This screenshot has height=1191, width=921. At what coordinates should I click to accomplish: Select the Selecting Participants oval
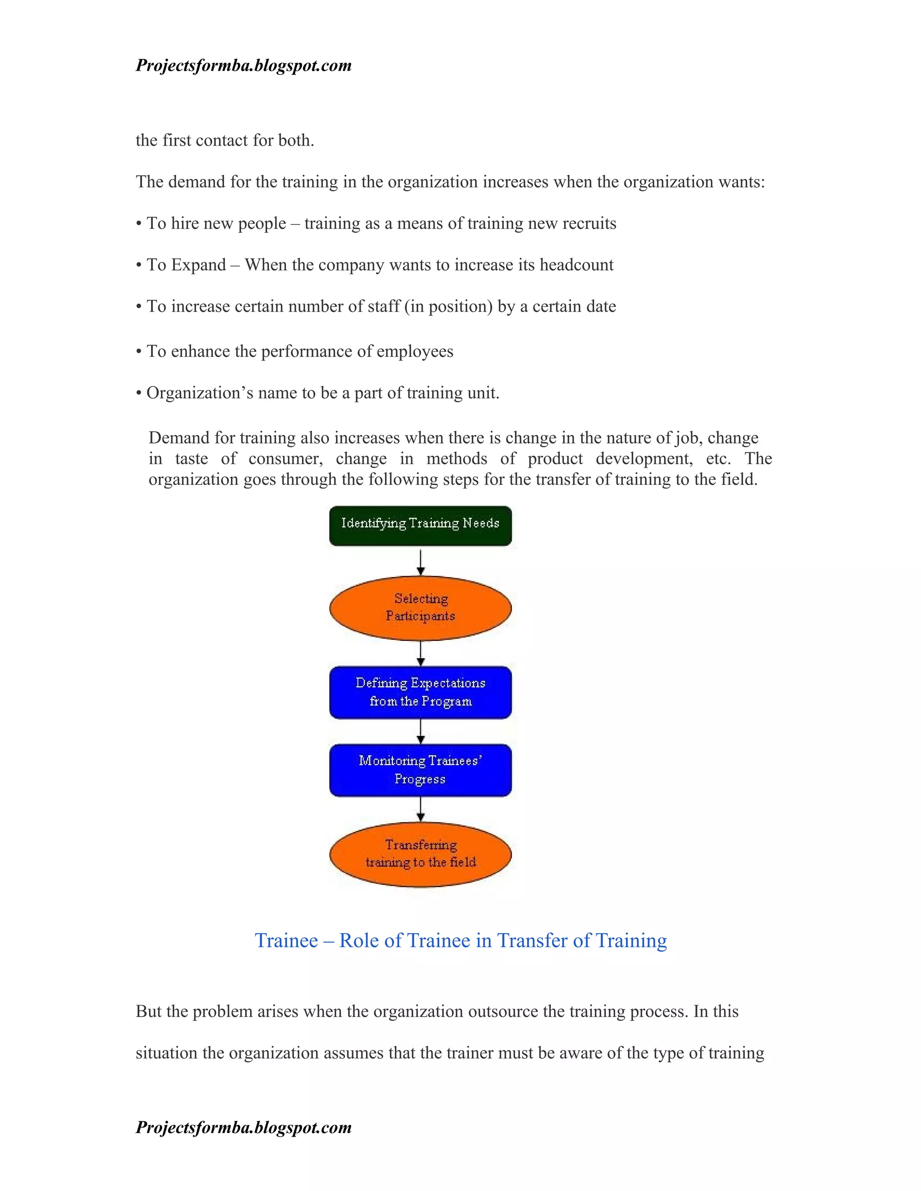click(420, 608)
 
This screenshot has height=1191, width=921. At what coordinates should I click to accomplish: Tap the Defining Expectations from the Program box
click(420, 692)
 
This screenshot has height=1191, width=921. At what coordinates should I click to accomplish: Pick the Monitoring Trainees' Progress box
click(420, 769)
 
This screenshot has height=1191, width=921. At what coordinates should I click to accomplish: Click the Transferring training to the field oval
click(420, 853)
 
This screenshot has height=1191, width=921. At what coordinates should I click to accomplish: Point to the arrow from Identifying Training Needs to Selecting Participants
click(420, 561)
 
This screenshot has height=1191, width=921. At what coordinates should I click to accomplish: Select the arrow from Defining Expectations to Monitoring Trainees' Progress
click(420, 731)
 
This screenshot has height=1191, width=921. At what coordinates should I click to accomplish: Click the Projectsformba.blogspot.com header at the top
click(243, 66)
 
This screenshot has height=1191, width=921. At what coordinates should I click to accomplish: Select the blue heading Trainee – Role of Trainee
click(460, 940)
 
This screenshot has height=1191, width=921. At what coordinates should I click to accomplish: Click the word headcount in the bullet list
click(576, 265)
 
